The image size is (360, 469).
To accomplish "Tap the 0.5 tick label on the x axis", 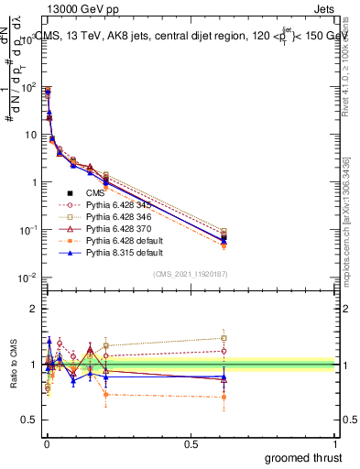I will click(x=191, y=442).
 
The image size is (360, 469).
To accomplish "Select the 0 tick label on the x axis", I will click(x=46, y=442).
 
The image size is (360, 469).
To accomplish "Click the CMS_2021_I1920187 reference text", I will click(x=191, y=274).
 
